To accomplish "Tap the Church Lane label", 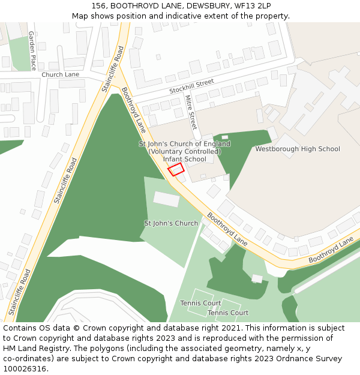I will [x=60, y=74].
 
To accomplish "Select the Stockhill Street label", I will [x=191, y=86].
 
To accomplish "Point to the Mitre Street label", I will [x=191, y=112].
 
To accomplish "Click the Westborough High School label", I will [x=298, y=149].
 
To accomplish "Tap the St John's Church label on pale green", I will [x=171, y=223].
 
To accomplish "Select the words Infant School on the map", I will [x=185, y=159].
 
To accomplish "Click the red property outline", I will [x=176, y=169].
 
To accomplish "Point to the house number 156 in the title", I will [x=100, y=6].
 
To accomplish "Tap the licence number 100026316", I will [x=25, y=368].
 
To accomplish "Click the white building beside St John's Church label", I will [x=166, y=199].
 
